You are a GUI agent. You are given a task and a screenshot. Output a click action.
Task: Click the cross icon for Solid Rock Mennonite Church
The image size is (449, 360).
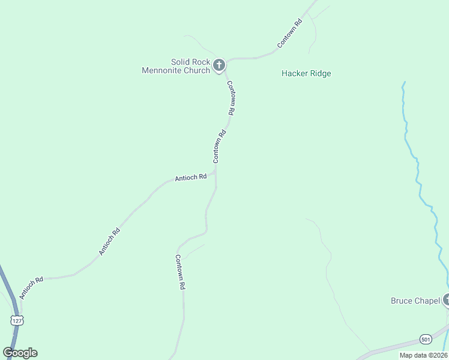pyautogui.click(x=219, y=65)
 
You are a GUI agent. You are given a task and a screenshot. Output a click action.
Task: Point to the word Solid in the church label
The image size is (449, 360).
pyautogui.click(x=181, y=62)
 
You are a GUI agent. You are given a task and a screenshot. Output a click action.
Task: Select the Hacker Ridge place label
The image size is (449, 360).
pyautogui.click(x=306, y=74)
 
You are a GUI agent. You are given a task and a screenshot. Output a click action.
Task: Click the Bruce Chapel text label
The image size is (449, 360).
pyautogui.click(x=415, y=301)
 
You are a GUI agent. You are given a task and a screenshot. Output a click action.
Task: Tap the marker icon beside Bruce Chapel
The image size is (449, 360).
pyautogui.click(x=446, y=299)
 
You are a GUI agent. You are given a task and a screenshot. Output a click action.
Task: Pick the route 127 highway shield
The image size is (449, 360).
pyautogui.click(x=14, y=320)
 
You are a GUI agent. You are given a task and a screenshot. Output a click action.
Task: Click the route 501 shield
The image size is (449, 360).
pyautogui.click(x=424, y=338)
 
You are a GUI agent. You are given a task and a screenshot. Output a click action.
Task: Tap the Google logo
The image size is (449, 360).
pyautogui.click(x=20, y=353)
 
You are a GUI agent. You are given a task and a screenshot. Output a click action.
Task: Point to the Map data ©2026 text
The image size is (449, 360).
pyautogui.click(x=423, y=355)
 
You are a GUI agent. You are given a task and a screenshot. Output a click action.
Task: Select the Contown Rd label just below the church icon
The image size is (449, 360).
pyautogui.click(x=231, y=98)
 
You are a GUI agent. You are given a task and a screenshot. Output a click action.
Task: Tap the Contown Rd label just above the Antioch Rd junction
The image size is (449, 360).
pyautogui.click(x=218, y=146)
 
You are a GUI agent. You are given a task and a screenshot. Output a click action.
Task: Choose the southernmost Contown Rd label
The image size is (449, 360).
pyautogui.click(x=179, y=272)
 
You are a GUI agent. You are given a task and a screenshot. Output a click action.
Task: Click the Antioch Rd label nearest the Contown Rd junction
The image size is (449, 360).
pyautogui.click(x=190, y=178)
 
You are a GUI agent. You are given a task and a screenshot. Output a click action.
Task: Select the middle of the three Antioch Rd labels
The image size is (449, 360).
pyautogui.click(x=109, y=242)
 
